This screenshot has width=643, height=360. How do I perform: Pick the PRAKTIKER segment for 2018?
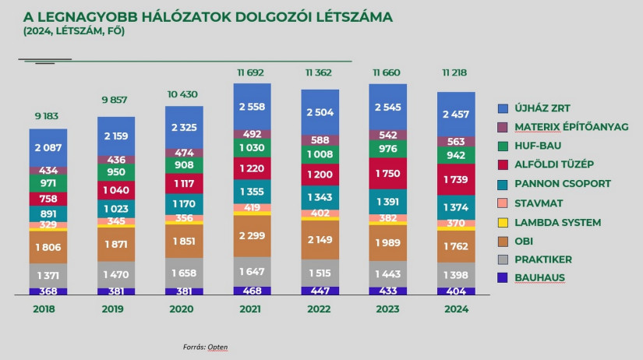48,276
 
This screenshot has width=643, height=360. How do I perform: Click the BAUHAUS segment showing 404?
456,291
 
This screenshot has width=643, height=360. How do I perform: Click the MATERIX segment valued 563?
456,142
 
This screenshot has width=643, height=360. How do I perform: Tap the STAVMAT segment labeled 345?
116,222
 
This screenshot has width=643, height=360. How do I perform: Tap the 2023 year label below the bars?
388,309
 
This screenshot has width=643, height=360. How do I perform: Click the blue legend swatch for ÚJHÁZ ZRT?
503,108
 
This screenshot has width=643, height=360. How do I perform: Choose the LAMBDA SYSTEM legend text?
557,222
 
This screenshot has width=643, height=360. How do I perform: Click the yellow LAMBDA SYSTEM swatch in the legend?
503,222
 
